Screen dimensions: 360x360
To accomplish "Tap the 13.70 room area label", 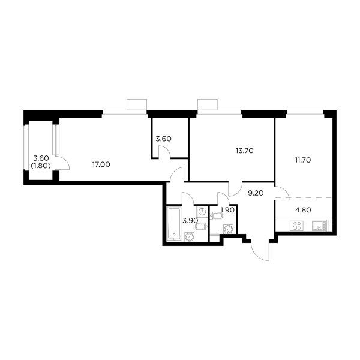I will (x=246, y=151).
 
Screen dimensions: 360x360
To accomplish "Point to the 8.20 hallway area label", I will (x=256, y=193).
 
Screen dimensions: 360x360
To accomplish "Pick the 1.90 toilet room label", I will (x=227, y=210).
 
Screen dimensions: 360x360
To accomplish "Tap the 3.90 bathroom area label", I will (x=188, y=220).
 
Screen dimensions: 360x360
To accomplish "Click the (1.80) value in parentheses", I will (x=40, y=166).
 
